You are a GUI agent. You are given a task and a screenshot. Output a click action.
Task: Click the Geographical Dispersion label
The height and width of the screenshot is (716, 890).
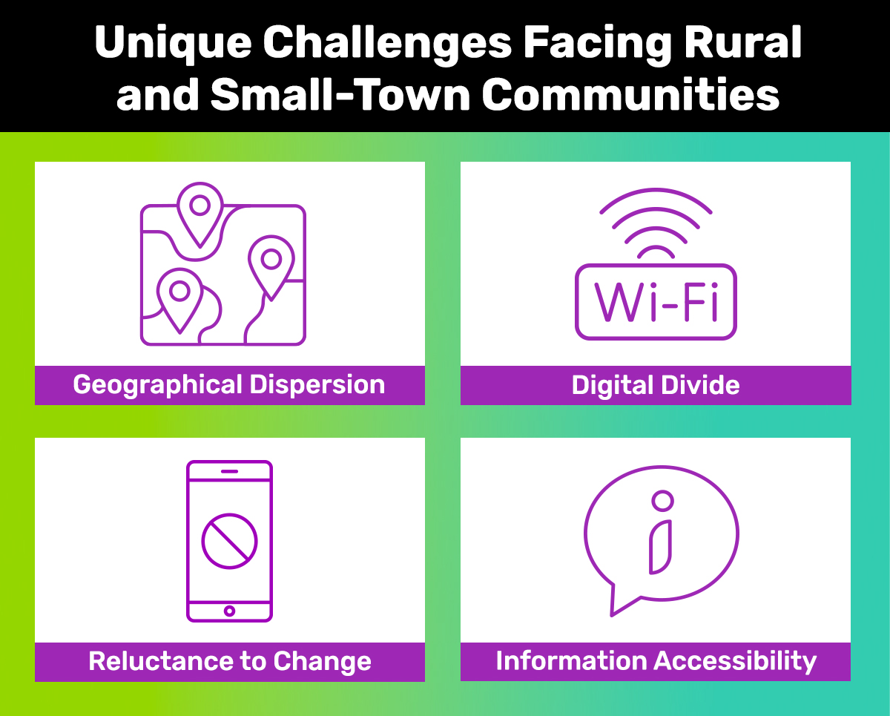click(x=229, y=385)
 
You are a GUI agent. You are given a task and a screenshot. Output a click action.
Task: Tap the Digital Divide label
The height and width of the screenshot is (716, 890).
click(x=656, y=385)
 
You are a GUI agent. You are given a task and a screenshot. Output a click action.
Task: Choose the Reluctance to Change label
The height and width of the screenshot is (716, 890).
click(x=229, y=661)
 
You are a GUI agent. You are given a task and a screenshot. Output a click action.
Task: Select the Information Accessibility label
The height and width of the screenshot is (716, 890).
click(x=656, y=661)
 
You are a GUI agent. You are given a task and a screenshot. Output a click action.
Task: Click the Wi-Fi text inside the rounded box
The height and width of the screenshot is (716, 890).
click(x=656, y=302)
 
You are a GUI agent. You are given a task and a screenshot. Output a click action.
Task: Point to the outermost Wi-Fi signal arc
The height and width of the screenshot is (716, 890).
click(x=656, y=194)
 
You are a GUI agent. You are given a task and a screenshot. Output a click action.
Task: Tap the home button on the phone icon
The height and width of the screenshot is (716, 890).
click(x=229, y=611)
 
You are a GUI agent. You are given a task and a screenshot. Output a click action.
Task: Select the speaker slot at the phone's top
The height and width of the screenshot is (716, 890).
click(x=229, y=471)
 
